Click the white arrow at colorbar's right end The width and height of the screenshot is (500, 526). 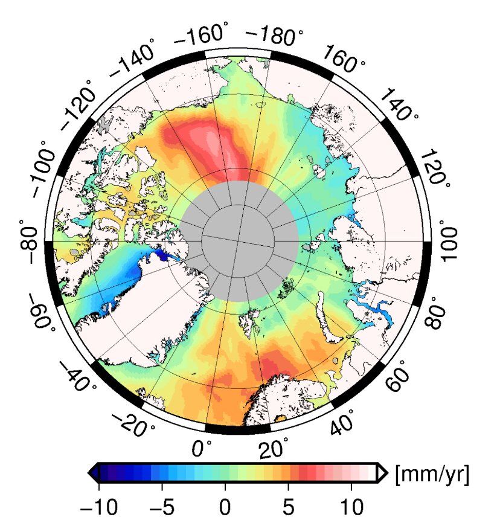click(381, 473)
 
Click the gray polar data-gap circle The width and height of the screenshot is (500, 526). click(240, 241)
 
